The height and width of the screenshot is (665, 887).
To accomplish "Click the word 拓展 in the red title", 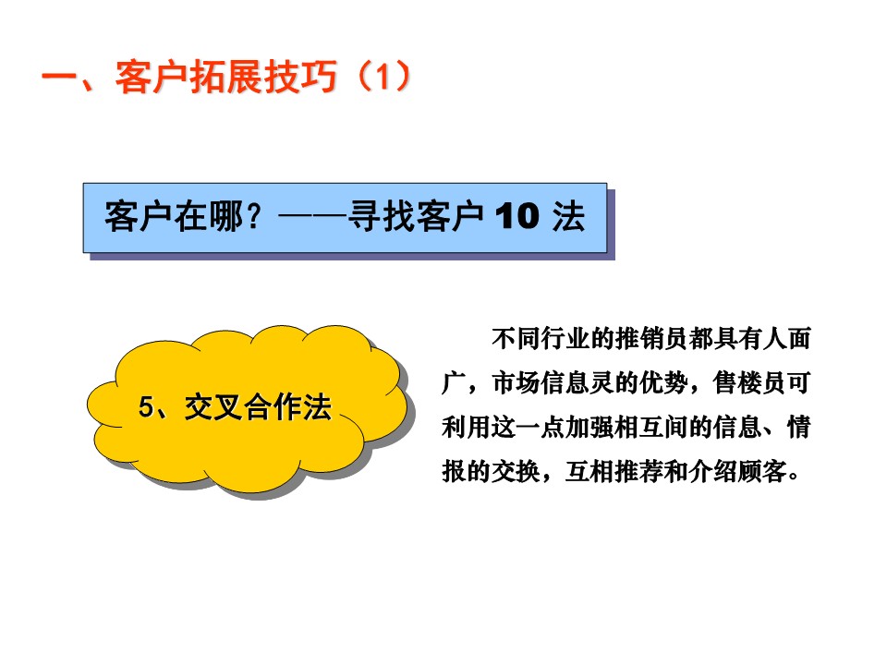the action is (x=226, y=77).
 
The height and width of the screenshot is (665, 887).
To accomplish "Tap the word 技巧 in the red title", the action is (x=300, y=77).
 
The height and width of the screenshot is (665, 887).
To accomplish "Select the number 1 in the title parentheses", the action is (x=383, y=77).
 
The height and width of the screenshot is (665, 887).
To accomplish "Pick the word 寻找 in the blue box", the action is (x=383, y=216).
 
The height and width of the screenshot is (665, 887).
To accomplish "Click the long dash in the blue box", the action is (x=313, y=216).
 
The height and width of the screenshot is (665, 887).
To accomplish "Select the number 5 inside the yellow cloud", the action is (x=146, y=406).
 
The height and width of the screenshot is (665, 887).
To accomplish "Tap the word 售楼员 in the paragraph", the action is (x=750, y=382).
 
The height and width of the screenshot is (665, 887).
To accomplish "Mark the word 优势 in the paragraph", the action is (x=664, y=382).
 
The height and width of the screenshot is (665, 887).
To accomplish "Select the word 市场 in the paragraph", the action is (x=516, y=382).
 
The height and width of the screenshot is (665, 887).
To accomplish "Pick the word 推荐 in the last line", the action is (x=639, y=471).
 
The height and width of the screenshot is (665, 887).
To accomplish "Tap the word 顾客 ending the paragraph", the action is (x=762, y=471).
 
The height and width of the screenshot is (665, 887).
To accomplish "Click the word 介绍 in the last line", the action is (x=712, y=471).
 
